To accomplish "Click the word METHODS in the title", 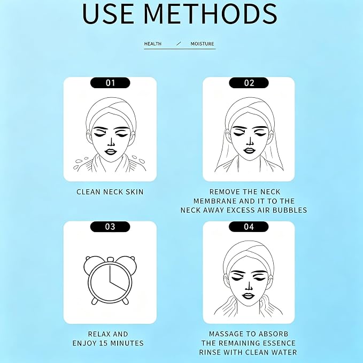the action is [210, 13].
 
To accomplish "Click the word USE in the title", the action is [108, 13].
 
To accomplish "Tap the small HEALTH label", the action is [153, 44].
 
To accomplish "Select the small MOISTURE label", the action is [202, 44].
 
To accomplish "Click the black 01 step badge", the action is [110, 83].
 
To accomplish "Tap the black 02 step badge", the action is [249, 83].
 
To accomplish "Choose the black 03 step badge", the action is [110, 227].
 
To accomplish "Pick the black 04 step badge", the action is [249, 227].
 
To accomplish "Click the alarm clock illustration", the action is [110, 280].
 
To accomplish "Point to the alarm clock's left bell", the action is [91, 264].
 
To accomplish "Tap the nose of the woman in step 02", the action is [250, 142].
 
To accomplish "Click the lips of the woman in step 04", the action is [248, 296].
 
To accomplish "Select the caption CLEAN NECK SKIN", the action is [110, 192].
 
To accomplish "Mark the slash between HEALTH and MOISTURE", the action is [179, 43].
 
